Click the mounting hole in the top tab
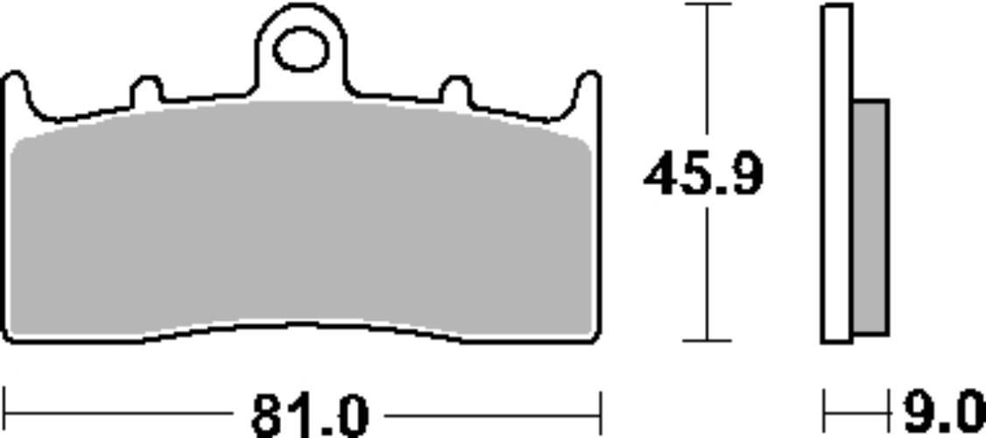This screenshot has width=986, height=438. coord(301,50)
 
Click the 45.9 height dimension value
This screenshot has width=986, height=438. coord(703,175)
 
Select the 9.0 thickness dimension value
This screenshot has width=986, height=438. coord(943,413)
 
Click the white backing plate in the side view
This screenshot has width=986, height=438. coord(837,175)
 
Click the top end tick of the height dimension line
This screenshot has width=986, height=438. coord(707,4)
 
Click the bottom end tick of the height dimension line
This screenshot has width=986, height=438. coord(707,341)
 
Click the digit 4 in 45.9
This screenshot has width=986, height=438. coord(662,175)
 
